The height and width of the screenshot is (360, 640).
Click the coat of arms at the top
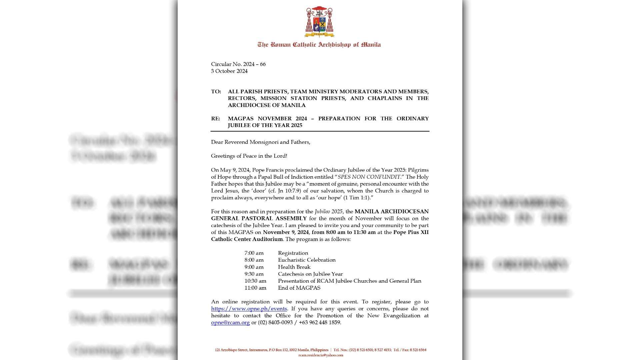coord(319,22)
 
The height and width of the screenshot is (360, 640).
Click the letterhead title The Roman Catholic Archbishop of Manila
coord(319,45)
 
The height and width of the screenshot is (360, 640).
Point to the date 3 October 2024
coord(229,71)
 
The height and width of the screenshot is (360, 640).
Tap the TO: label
coord(216,92)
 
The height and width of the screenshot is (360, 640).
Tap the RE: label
coord(216,119)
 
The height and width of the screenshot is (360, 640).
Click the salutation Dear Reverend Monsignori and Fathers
coord(260,142)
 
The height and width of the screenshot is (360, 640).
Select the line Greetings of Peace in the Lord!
coord(249,156)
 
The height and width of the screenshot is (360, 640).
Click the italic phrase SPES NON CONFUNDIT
coord(369,177)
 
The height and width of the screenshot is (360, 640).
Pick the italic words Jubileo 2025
coord(328,212)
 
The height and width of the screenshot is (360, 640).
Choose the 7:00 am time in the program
coord(254,253)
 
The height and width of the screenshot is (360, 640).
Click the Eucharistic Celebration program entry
coord(307,260)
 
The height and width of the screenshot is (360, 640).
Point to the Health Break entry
coord(294,267)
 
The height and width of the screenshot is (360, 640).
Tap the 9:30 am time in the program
coord(254,274)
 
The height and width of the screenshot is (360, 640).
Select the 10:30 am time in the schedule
coord(255,281)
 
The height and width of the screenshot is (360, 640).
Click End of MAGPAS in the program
coord(299,288)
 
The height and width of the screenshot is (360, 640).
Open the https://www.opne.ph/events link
coord(249,309)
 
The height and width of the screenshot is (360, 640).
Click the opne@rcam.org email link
coord(230,323)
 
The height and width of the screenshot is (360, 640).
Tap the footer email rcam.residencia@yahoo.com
coord(321,355)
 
